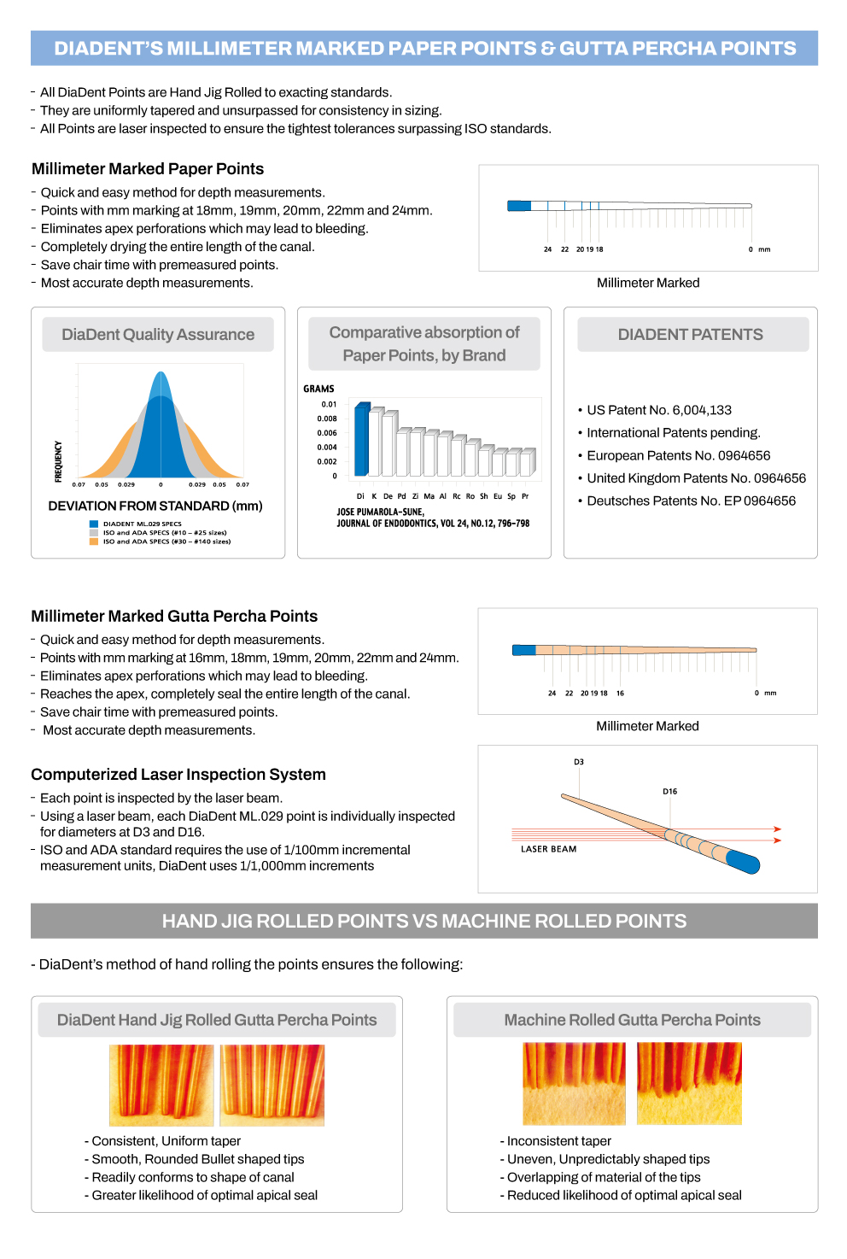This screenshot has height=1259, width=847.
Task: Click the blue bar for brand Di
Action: (x=361, y=440)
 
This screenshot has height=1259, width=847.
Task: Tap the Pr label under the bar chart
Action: (x=525, y=495)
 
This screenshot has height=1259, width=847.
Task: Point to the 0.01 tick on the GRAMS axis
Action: (x=329, y=404)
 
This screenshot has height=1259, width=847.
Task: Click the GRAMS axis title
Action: (x=318, y=389)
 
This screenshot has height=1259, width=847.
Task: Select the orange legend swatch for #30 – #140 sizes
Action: (x=94, y=542)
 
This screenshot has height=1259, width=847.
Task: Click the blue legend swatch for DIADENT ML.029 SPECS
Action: (x=94, y=524)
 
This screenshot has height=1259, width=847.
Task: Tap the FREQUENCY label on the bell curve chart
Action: (x=58, y=461)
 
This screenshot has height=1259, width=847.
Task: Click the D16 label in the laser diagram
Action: (x=670, y=792)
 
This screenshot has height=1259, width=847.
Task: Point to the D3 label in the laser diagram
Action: (x=579, y=762)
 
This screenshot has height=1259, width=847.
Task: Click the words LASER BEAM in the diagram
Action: (x=549, y=849)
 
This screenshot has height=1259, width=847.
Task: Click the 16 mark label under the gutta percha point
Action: (x=620, y=694)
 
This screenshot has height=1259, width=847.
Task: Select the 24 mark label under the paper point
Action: (x=547, y=249)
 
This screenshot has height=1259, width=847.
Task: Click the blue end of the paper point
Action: (x=519, y=206)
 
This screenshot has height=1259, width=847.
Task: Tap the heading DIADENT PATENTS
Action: (x=691, y=335)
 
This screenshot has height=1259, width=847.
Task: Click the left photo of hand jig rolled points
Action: (x=161, y=1085)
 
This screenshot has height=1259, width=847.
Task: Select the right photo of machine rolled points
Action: (x=689, y=1083)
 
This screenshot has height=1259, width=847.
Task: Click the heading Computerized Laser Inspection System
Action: (x=178, y=775)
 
